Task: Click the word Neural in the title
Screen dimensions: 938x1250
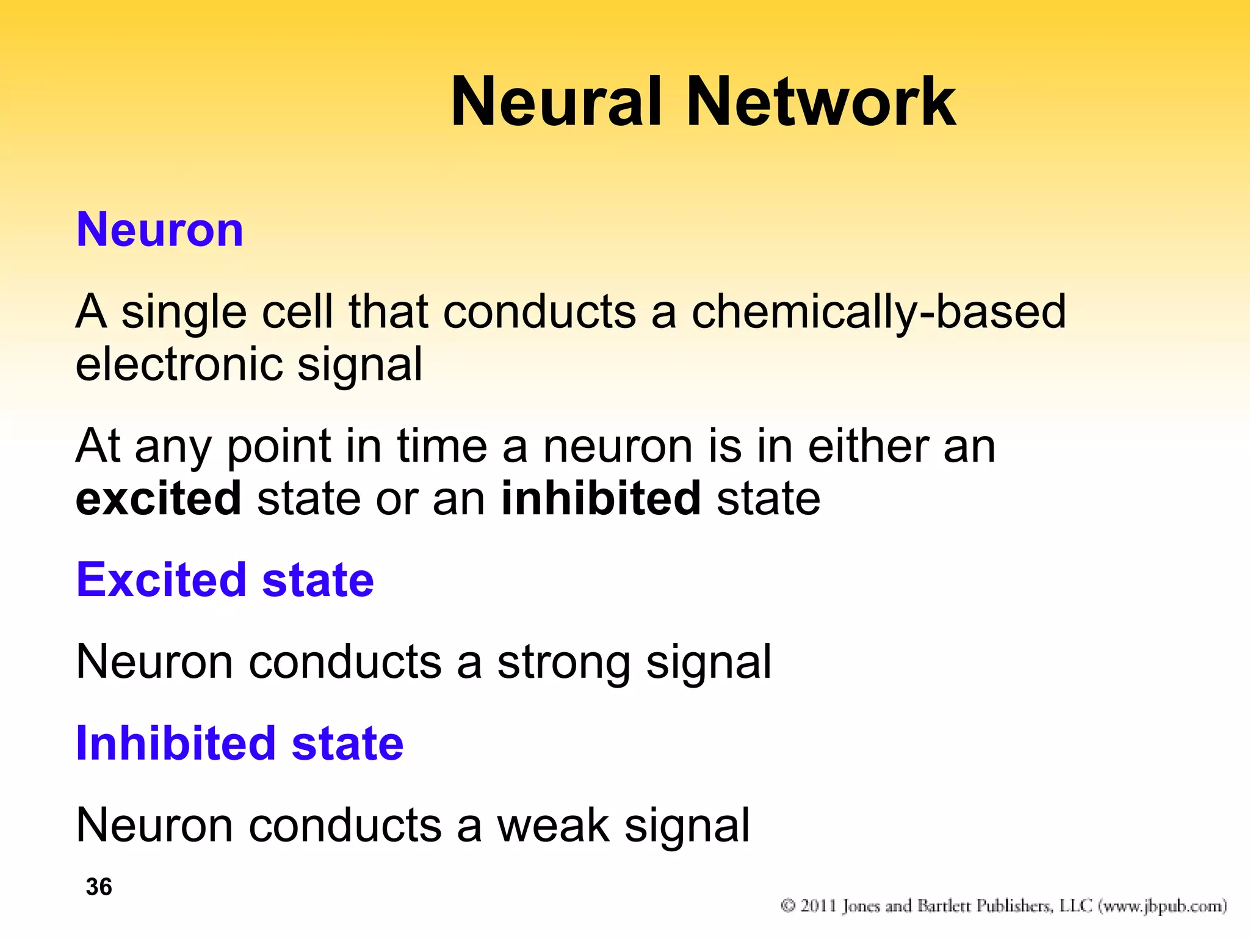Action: [555, 102]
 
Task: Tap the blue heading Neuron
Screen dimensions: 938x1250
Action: [160, 230]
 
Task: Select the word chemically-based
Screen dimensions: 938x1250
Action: [878, 312]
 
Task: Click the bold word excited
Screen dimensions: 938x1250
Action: [159, 498]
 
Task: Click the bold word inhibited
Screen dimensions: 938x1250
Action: [601, 498]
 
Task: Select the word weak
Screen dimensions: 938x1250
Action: [553, 826]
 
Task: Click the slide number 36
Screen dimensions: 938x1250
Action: [99, 887]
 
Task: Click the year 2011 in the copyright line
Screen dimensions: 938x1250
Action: [818, 906]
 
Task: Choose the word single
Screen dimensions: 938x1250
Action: [184, 312]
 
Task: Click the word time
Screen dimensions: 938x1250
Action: [442, 446]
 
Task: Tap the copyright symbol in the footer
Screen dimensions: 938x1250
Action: [788, 906]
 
